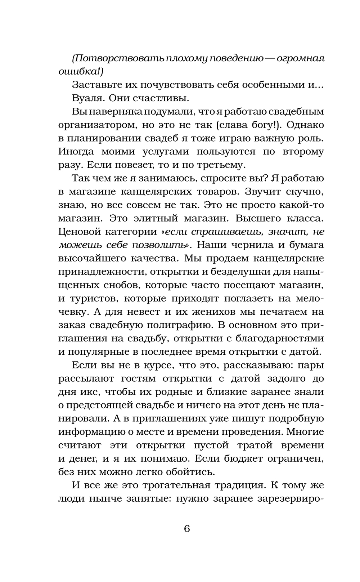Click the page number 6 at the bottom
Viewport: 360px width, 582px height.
tap(186, 529)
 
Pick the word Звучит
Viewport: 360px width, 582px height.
tap(258, 192)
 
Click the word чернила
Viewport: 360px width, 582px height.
tap(252, 245)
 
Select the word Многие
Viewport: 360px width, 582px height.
tap(306, 431)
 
